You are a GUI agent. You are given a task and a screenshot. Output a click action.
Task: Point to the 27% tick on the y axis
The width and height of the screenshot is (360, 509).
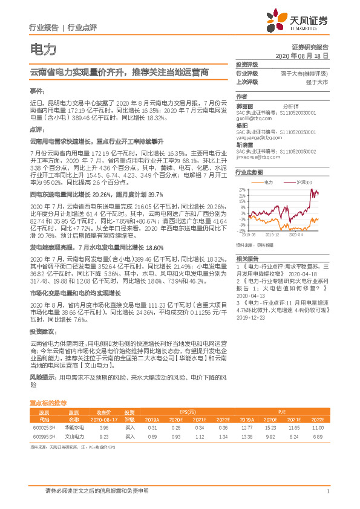[241, 190]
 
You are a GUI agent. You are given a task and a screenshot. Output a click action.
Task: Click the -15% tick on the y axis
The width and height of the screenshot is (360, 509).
[241, 230]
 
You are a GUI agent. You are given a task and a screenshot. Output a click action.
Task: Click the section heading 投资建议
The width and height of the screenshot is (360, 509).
[42, 332]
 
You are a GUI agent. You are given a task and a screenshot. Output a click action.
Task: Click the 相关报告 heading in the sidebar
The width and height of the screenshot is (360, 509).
[246, 258]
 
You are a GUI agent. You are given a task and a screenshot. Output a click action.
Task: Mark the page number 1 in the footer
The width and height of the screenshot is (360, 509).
[327, 491]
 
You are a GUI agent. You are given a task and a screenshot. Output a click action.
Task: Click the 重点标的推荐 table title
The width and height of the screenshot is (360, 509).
[49, 402]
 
